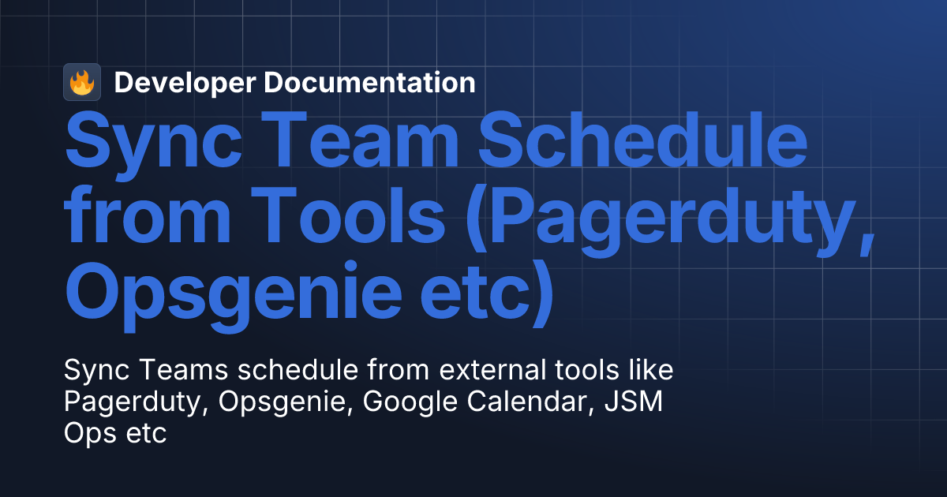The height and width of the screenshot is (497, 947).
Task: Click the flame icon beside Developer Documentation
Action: (x=82, y=82)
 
